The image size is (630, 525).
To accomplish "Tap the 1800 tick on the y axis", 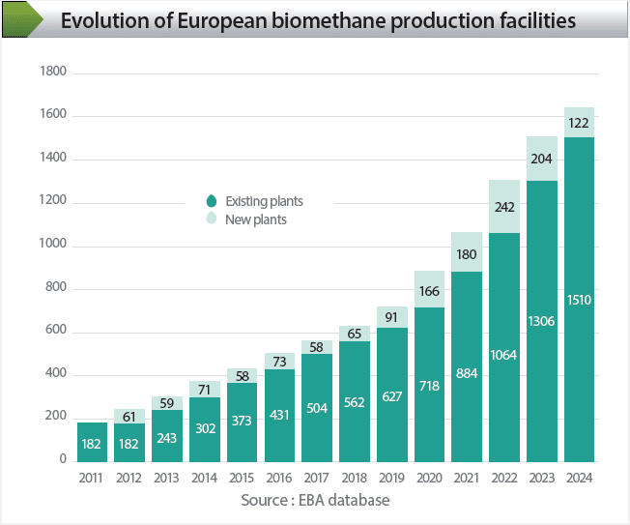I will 52,73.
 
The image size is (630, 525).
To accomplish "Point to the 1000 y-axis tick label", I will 52,245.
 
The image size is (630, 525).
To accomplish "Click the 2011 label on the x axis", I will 92,477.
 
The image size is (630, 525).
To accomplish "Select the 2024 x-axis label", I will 579,477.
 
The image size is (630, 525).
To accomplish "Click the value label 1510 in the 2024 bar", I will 579,300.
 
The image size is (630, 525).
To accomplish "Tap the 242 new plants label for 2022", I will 504,207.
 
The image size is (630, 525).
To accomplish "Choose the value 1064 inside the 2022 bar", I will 504,353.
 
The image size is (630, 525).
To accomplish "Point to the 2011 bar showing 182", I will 92,443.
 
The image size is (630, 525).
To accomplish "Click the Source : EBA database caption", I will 315,500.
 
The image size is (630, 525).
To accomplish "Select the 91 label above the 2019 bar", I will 391,317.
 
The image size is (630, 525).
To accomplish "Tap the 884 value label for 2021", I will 467,374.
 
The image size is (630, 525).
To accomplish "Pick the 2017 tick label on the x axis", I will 317,477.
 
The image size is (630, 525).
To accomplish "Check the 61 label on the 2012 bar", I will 129,416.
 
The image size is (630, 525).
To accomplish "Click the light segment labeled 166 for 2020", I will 429,289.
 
